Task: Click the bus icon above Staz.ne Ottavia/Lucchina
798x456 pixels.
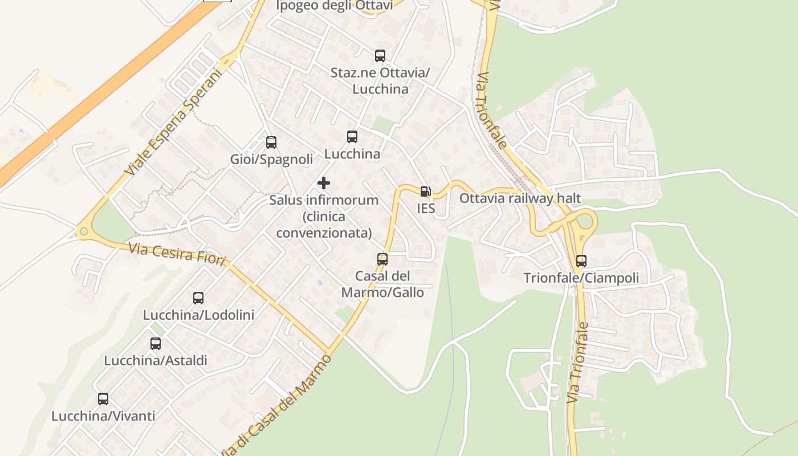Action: pyautogui.click(x=380, y=55)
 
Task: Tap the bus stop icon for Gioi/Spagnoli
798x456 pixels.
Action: pyautogui.click(x=271, y=142)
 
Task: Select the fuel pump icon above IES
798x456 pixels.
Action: pyautogui.click(x=425, y=192)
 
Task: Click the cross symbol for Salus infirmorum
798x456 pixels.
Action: pyautogui.click(x=324, y=183)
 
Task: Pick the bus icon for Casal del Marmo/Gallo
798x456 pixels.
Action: pyautogui.click(x=382, y=259)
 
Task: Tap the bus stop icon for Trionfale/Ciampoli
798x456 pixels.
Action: pyautogui.click(x=581, y=261)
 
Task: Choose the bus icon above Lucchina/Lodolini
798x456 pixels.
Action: pyautogui.click(x=198, y=298)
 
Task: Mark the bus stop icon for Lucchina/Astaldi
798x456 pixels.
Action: pyautogui.click(x=156, y=344)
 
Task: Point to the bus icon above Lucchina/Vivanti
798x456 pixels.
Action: pyautogui.click(x=103, y=399)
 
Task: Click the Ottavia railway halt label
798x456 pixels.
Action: pyautogui.click(x=520, y=198)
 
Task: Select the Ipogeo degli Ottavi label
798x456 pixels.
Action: pyautogui.click(x=335, y=6)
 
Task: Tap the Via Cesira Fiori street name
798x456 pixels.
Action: pyautogui.click(x=177, y=252)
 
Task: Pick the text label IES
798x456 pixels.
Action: pyautogui.click(x=426, y=209)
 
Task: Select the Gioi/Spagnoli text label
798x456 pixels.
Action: pyautogui.click(x=272, y=159)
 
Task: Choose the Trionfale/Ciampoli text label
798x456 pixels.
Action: pyautogui.click(x=581, y=278)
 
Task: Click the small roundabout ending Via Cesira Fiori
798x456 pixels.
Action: pyautogui.click(x=84, y=231)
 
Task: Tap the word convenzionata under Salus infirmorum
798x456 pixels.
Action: pyautogui.click(x=324, y=233)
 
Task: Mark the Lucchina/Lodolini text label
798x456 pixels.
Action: pyautogui.click(x=198, y=315)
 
